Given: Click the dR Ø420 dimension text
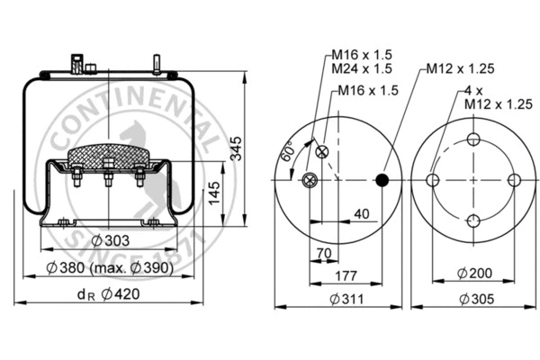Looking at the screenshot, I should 106,292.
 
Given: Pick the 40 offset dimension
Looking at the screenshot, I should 361,213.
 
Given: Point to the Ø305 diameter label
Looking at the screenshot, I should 473,299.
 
